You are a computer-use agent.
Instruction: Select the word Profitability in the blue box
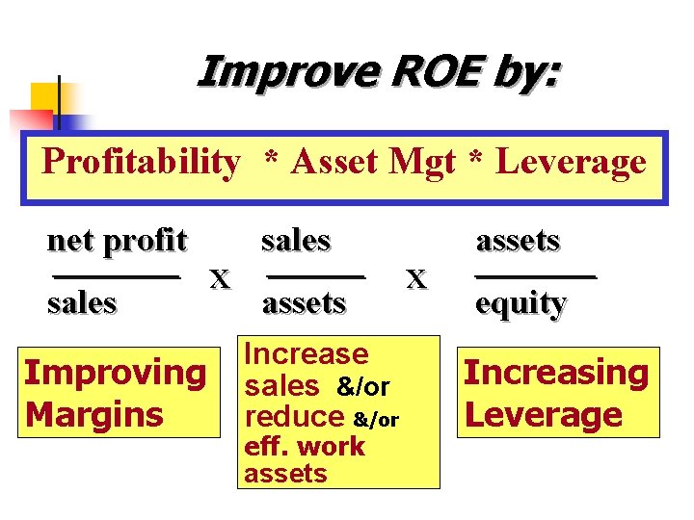tap(141, 162)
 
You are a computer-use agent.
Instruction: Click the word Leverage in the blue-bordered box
tap(571, 162)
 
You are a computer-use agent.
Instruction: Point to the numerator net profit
tap(117, 240)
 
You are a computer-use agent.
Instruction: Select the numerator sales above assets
tap(296, 240)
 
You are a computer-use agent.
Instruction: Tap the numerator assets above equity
tap(519, 240)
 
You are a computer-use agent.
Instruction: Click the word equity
tap(520, 303)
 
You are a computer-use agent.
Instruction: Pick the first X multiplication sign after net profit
tap(221, 279)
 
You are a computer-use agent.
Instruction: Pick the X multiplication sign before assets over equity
tap(416, 279)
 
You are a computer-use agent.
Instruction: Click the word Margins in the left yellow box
tap(94, 415)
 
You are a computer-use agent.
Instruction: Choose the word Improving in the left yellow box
tap(115, 373)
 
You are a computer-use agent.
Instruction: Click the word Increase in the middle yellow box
tap(307, 354)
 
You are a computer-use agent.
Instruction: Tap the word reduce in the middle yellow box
tap(294, 417)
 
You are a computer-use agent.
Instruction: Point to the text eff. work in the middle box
tap(305, 446)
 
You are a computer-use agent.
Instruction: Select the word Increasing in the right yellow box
tap(556, 373)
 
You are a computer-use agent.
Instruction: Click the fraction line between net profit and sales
tap(116, 276)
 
